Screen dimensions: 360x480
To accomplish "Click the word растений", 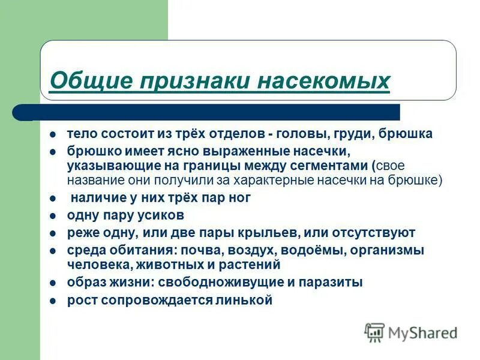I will pyautogui.click(x=250, y=264).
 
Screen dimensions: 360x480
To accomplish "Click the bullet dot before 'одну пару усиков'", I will pyautogui.click(x=53, y=215).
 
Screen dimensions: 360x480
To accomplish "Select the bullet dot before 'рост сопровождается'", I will pyautogui.click(x=53, y=301).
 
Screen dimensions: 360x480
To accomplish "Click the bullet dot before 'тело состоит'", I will pyautogui.click(x=53, y=134).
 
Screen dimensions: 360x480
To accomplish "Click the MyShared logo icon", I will pyautogui.click(x=375, y=332).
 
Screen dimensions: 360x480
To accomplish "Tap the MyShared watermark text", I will pyautogui.click(x=422, y=332).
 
